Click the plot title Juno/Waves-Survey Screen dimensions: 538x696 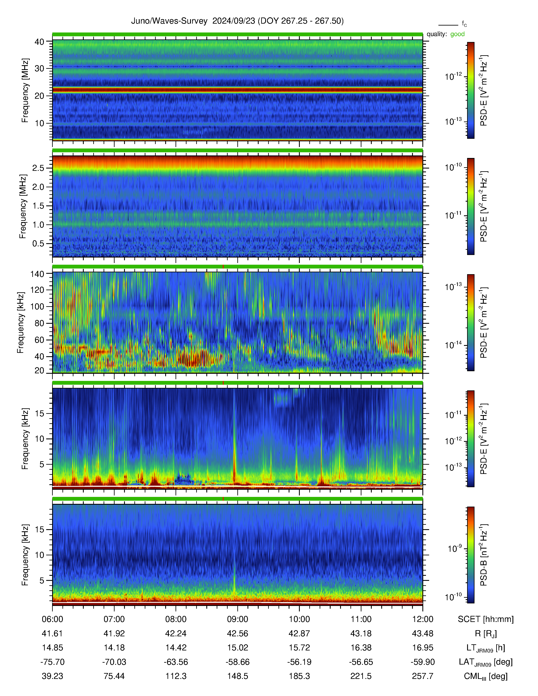[x=169, y=21]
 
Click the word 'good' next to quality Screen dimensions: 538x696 [x=457, y=34]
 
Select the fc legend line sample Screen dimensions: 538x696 [x=448, y=25]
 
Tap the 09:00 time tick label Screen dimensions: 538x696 [x=237, y=619]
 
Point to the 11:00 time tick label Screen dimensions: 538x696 [x=361, y=619]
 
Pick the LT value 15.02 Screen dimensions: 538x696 [x=237, y=648]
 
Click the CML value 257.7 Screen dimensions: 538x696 [x=423, y=676]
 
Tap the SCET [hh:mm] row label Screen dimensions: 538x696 [x=486, y=619]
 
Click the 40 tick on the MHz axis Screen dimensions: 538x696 [x=39, y=42]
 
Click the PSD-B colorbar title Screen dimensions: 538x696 [x=484, y=555]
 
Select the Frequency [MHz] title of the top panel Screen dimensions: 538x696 [x=25, y=90]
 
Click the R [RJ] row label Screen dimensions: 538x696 [x=486, y=634]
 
